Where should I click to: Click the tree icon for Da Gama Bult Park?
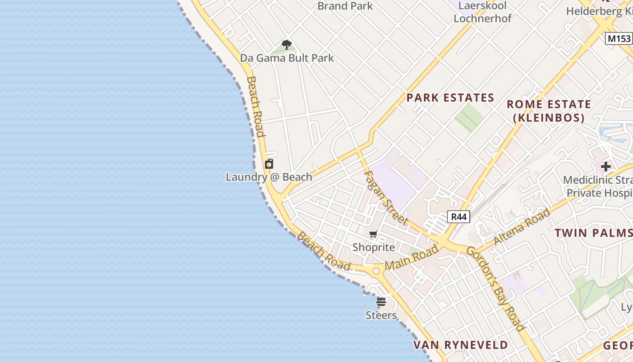pos(286,44)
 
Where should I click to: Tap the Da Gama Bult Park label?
pos(287,58)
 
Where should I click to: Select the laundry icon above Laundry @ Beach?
pos(269,164)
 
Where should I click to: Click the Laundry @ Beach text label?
pos(269,177)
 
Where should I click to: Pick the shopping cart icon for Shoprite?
pos(373,234)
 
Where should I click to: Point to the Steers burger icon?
pos(381,302)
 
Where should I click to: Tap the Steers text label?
pos(381,315)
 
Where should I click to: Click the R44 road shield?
pos(458,217)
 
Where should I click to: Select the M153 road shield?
pos(618,38)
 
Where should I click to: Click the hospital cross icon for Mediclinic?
pos(605,167)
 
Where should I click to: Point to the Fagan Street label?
pos(385,197)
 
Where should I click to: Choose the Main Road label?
pos(411,257)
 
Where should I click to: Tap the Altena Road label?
pos(522,227)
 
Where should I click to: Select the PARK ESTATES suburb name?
pos(450,98)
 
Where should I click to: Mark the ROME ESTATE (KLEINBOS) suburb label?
pos(548,111)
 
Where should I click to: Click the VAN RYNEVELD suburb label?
pos(461,345)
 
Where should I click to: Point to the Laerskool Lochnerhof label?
pos(482,12)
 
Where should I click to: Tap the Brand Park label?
pos(345,6)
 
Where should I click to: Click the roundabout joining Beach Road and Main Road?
pos(376,271)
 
